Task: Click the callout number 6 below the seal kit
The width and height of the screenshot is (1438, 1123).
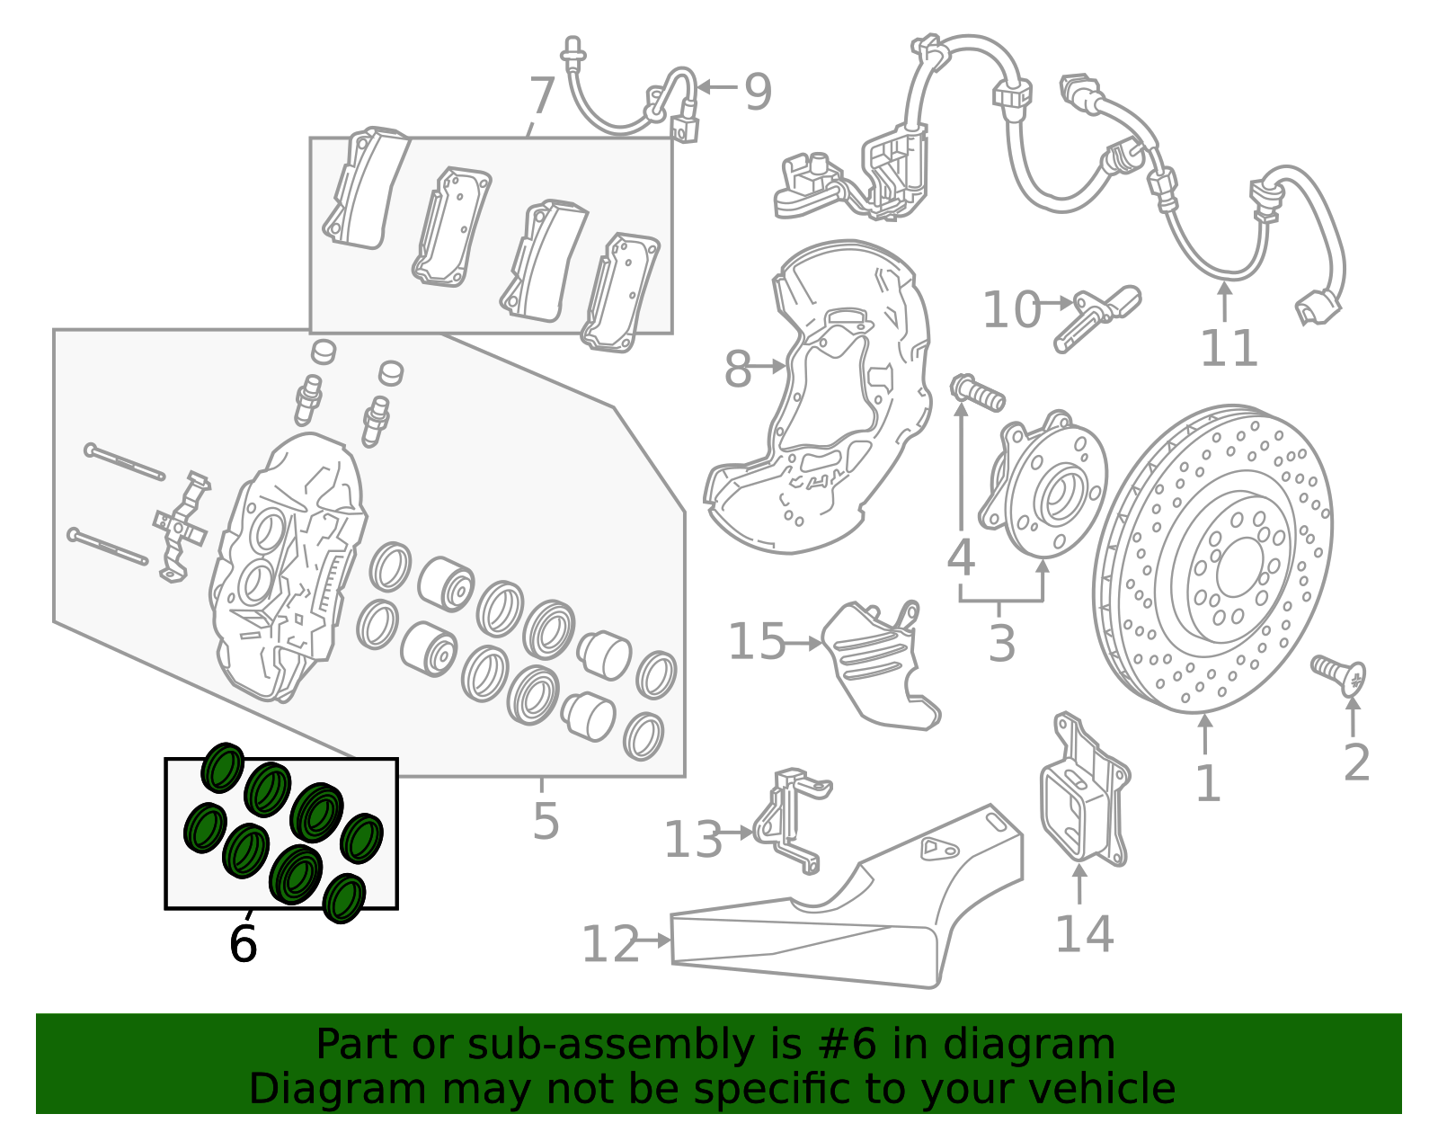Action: point(243,944)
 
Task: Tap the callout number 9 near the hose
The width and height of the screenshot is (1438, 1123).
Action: point(758,92)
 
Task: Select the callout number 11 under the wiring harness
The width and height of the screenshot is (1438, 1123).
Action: point(1229,349)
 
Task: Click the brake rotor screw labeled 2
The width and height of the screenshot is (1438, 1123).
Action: point(1339,674)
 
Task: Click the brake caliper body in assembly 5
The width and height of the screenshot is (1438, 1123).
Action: point(288,566)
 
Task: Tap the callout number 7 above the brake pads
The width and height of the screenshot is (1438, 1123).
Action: point(542,95)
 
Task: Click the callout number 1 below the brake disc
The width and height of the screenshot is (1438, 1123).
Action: point(1207,784)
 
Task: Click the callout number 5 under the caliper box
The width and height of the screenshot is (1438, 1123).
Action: point(546,821)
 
